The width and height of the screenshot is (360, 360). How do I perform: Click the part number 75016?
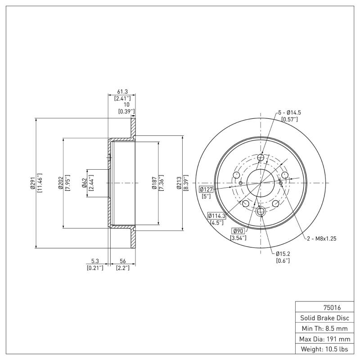[x=332, y=308]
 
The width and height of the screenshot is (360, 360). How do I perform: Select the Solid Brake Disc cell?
[x=324, y=318]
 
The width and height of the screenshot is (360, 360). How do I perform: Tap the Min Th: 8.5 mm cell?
[x=324, y=328]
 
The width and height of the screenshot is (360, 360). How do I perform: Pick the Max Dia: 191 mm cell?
[x=324, y=338]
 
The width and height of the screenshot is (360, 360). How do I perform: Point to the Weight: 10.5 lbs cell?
[x=324, y=349]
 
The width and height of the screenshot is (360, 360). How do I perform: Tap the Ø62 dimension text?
[x=84, y=183]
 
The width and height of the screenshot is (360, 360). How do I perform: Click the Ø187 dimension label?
[x=154, y=183]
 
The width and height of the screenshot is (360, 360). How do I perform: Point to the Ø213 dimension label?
[x=179, y=183]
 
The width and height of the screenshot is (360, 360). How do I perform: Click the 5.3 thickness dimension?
[x=95, y=261]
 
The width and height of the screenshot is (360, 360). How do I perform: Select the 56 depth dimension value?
[x=122, y=261]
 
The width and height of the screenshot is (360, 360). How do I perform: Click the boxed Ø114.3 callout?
[x=216, y=216]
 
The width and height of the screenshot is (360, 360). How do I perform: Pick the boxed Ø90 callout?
[x=237, y=231]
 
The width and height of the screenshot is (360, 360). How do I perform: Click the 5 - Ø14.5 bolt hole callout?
[x=289, y=112]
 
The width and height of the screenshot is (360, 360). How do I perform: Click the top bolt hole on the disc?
[x=261, y=157]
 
